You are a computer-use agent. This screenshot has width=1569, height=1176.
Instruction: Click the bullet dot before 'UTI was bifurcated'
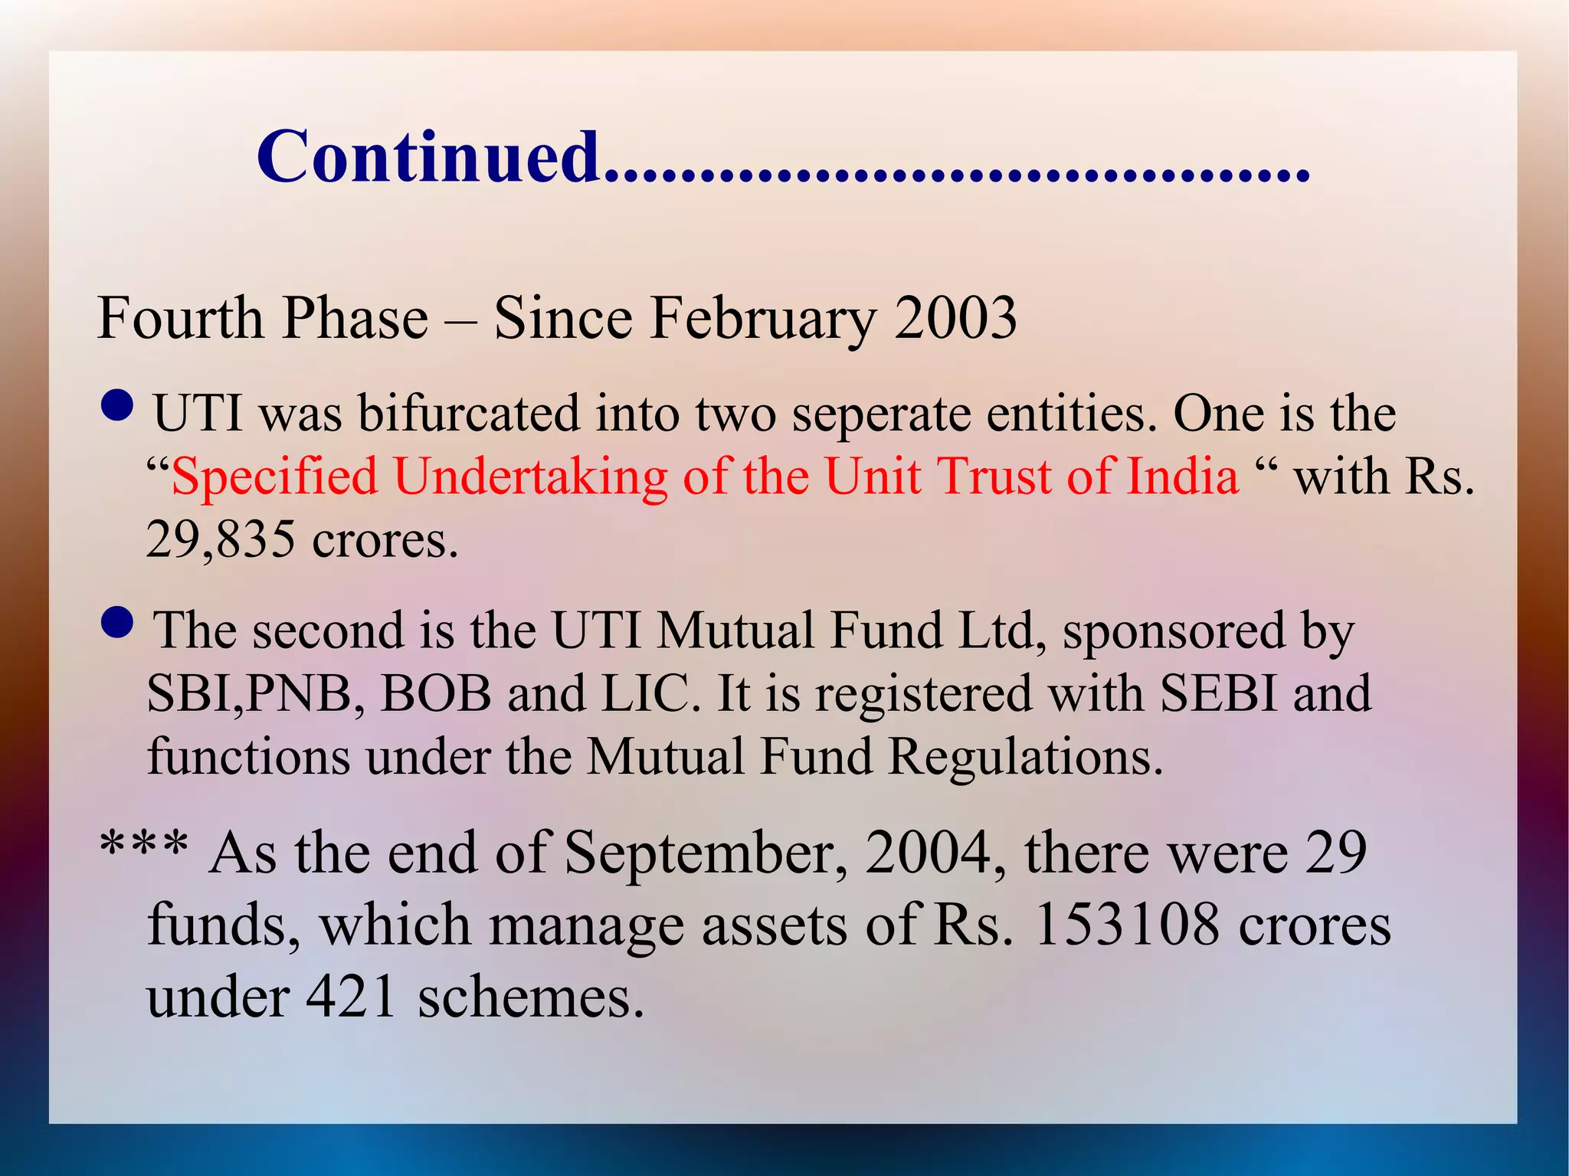tap(117, 405)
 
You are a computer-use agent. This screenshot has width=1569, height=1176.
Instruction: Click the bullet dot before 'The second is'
tap(117, 622)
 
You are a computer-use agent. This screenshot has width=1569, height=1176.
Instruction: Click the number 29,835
tap(221, 539)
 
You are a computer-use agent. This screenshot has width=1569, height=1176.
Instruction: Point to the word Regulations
tap(1025, 758)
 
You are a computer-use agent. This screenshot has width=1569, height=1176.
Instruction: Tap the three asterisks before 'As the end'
tap(145, 848)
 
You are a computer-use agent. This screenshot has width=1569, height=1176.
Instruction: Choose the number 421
tap(352, 997)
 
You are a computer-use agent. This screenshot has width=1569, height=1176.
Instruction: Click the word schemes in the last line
tap(530, 997)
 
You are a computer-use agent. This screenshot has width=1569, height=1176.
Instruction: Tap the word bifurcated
tap(469, 414)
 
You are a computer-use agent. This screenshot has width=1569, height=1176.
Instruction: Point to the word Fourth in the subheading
tap(180, 318)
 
